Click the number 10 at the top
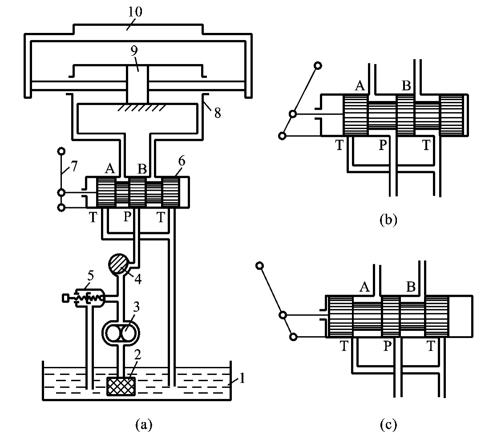[135, 12]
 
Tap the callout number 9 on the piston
[134, 50]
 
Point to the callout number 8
[218, 113]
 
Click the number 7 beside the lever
[73, 166]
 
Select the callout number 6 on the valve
[182, 161]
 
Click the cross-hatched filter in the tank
[121, 386]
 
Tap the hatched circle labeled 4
[118, 264]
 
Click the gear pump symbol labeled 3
[121, 333]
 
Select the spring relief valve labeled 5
[84, 298]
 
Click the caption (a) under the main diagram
[144, 424]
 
